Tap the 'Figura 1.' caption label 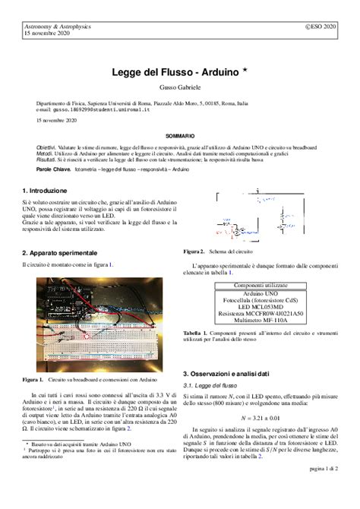coord(33,378)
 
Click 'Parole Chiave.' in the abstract coord(53,169)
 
